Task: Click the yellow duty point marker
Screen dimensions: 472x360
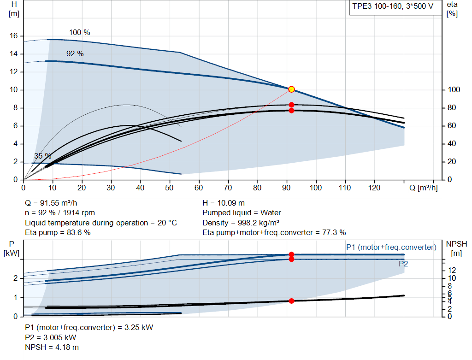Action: [291, 89]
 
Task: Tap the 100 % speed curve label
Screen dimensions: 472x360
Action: [79, 33]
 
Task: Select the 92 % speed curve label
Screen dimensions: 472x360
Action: [75, 53]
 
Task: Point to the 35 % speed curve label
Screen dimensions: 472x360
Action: [43, 156]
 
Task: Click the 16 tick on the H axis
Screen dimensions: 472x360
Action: [13, 36]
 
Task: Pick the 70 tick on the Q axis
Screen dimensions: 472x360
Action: [228, 188]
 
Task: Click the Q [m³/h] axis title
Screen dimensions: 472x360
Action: [424, 188]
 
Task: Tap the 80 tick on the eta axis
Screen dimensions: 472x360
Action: [452, 108]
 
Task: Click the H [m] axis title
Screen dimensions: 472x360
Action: [14, 9]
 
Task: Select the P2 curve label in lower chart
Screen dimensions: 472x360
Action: [403, 264]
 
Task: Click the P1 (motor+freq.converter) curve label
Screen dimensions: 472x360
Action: [391, 248]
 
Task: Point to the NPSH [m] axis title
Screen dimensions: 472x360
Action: [456, 248]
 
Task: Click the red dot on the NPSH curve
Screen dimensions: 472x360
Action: [291, 301]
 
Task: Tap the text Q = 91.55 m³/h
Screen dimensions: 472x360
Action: [51, 203]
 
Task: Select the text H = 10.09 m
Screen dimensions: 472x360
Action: [224, 203]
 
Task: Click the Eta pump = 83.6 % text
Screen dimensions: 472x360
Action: [58, 233]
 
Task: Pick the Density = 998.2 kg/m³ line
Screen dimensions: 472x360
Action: [241, 223]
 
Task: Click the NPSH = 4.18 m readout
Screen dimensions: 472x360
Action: [52, 348]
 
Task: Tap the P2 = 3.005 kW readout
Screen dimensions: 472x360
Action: [51, 337]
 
